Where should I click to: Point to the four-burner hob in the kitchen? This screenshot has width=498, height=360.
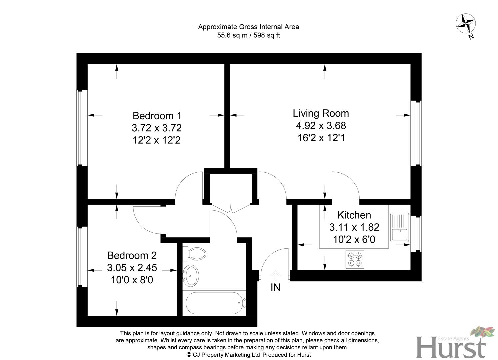pos(355,259)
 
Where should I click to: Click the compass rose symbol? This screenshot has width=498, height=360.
pos(466,24)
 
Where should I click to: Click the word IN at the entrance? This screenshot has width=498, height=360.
pos(275,287)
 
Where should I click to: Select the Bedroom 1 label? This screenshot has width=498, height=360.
pos(157,116)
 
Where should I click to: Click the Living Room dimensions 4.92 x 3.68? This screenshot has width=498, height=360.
pos(321,126)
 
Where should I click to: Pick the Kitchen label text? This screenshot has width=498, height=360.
pos(354,215)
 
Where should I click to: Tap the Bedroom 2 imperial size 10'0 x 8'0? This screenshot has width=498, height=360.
pos(132,280)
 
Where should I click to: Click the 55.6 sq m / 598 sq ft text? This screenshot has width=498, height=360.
pos(249,35)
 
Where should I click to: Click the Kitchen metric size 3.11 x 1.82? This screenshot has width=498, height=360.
pos(354,227)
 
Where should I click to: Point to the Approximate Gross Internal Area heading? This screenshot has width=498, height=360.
pos(249,27)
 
